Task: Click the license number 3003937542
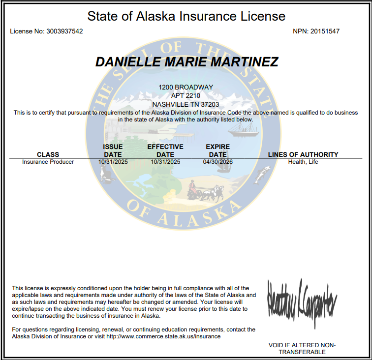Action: (64, 31)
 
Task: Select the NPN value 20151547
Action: (324, 31)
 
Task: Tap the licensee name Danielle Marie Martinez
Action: (186, 62)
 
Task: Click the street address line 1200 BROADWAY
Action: (186, 87)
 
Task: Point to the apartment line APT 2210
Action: (186, 95)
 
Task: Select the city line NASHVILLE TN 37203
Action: (186, 104)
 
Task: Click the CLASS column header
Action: (48, 154)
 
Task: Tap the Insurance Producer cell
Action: (48, 162)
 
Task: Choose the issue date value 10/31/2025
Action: (113, 162)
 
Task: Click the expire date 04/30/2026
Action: (217, 162)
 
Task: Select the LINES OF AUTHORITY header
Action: (303, 154)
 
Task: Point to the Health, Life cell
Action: (303, 162)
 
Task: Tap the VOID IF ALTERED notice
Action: (302, 348)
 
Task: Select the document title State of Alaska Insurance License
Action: (186, 16)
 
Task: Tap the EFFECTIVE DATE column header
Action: (165, 150)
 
